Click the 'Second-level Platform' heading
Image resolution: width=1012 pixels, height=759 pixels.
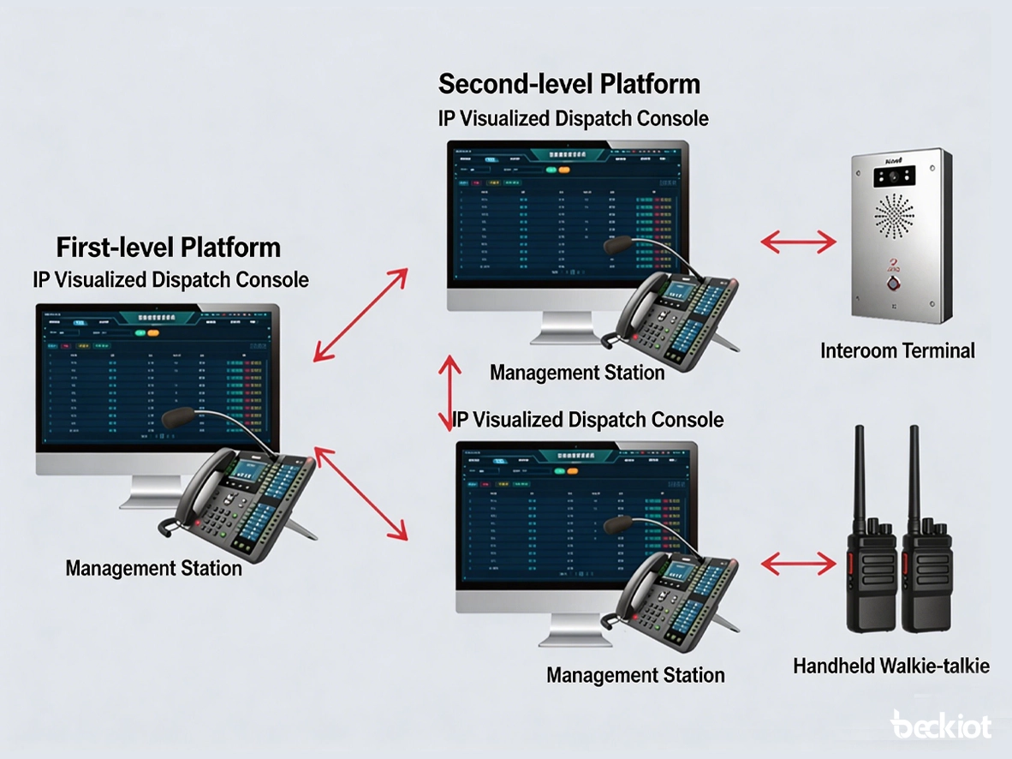point(569,84)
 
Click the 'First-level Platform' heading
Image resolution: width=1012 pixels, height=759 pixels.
point(168,248)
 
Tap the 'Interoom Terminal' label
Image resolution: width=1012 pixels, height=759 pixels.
point(897,350)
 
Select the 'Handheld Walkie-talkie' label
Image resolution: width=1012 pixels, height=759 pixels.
point(890,666)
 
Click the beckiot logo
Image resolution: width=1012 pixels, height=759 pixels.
point(940,726)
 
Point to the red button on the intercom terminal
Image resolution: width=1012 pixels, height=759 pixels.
point(896,283)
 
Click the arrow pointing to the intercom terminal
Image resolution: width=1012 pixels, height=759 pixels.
point(798,242)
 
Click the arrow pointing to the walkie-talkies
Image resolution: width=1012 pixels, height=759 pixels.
point(798,563)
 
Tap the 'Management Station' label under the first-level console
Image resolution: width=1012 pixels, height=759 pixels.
point(154,568)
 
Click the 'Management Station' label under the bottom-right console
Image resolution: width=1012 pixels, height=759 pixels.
point(635,675)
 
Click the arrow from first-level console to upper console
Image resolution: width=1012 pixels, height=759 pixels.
point(360,314)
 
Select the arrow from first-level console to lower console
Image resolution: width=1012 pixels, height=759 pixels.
point(360,494)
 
